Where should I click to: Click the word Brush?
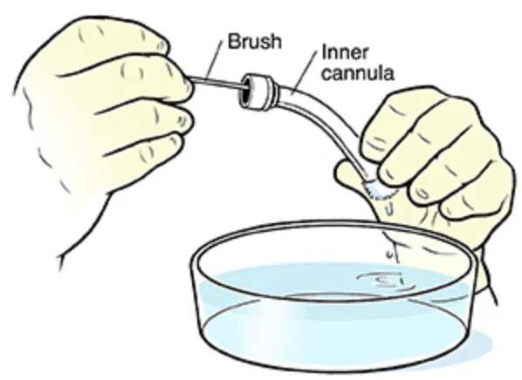(255, 42)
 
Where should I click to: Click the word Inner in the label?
(345, 53)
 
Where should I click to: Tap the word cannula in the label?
(358, 73)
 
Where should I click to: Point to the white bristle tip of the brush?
(379, 189)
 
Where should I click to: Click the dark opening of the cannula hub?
(245, 92)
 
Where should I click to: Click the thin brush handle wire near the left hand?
(217, 83)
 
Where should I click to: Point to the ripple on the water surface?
(386, 281)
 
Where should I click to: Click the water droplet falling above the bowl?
(389, 254)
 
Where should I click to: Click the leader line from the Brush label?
(215, 59)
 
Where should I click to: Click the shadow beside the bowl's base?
(479, 346)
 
